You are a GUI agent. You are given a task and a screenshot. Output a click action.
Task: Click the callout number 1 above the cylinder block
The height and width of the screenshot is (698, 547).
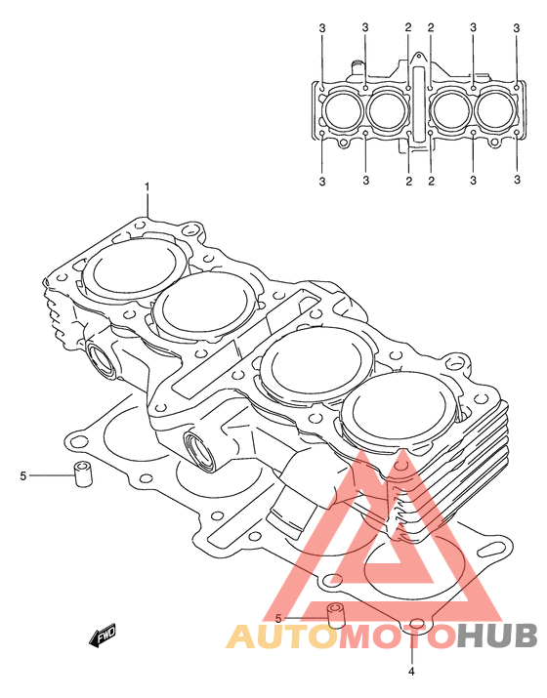[x=147, y=187]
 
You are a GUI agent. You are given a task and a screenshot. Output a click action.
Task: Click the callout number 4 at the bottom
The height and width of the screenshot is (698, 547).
[x=411, y=672]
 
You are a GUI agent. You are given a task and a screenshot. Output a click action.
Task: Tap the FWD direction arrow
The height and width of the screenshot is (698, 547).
[x=103, y=636]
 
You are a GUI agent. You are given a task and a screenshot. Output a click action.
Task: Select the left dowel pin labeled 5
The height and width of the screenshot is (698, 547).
[x=82, y=474]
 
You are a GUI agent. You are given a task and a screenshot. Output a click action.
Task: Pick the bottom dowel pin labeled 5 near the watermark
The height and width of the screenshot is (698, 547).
[x=337, y=616]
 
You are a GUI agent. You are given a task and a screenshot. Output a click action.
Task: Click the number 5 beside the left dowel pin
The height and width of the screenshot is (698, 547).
[x=23, y=475]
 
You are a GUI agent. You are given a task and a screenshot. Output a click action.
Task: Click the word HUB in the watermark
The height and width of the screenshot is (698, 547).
[x=497, y=636]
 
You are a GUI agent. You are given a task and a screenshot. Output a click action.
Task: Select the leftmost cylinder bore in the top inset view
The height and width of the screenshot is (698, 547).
[x=343, y=109]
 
